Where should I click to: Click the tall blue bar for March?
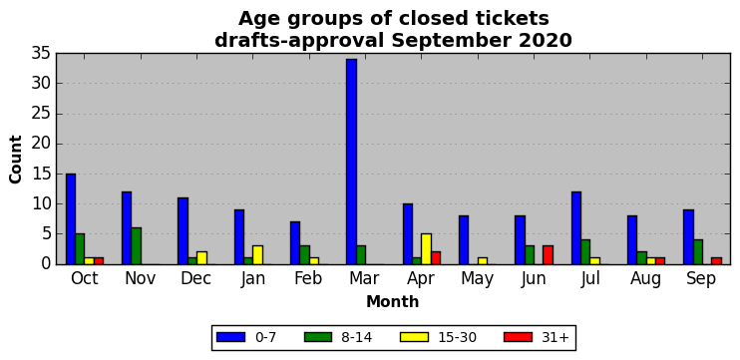pos(352,162)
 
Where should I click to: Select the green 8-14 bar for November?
pos(137,246)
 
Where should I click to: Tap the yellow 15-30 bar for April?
pos(426,248)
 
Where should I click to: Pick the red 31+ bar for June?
pos(548,254)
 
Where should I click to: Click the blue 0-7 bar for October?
pos(71,219)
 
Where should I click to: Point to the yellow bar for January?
pos(257,254)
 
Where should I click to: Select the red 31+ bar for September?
pos(716,261)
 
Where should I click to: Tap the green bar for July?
pos(585,252)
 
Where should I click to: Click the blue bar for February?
pos(295,243)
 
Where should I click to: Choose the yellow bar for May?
pos(483,261)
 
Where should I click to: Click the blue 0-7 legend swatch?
pos(230,337)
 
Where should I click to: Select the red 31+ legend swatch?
pos(519,337)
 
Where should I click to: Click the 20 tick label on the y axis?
pos(41,144)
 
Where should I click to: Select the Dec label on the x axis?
pos(195,279)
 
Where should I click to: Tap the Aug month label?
pos(645,280)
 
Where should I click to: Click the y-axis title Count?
pos(16,159)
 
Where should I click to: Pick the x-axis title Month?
pos(393,301)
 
